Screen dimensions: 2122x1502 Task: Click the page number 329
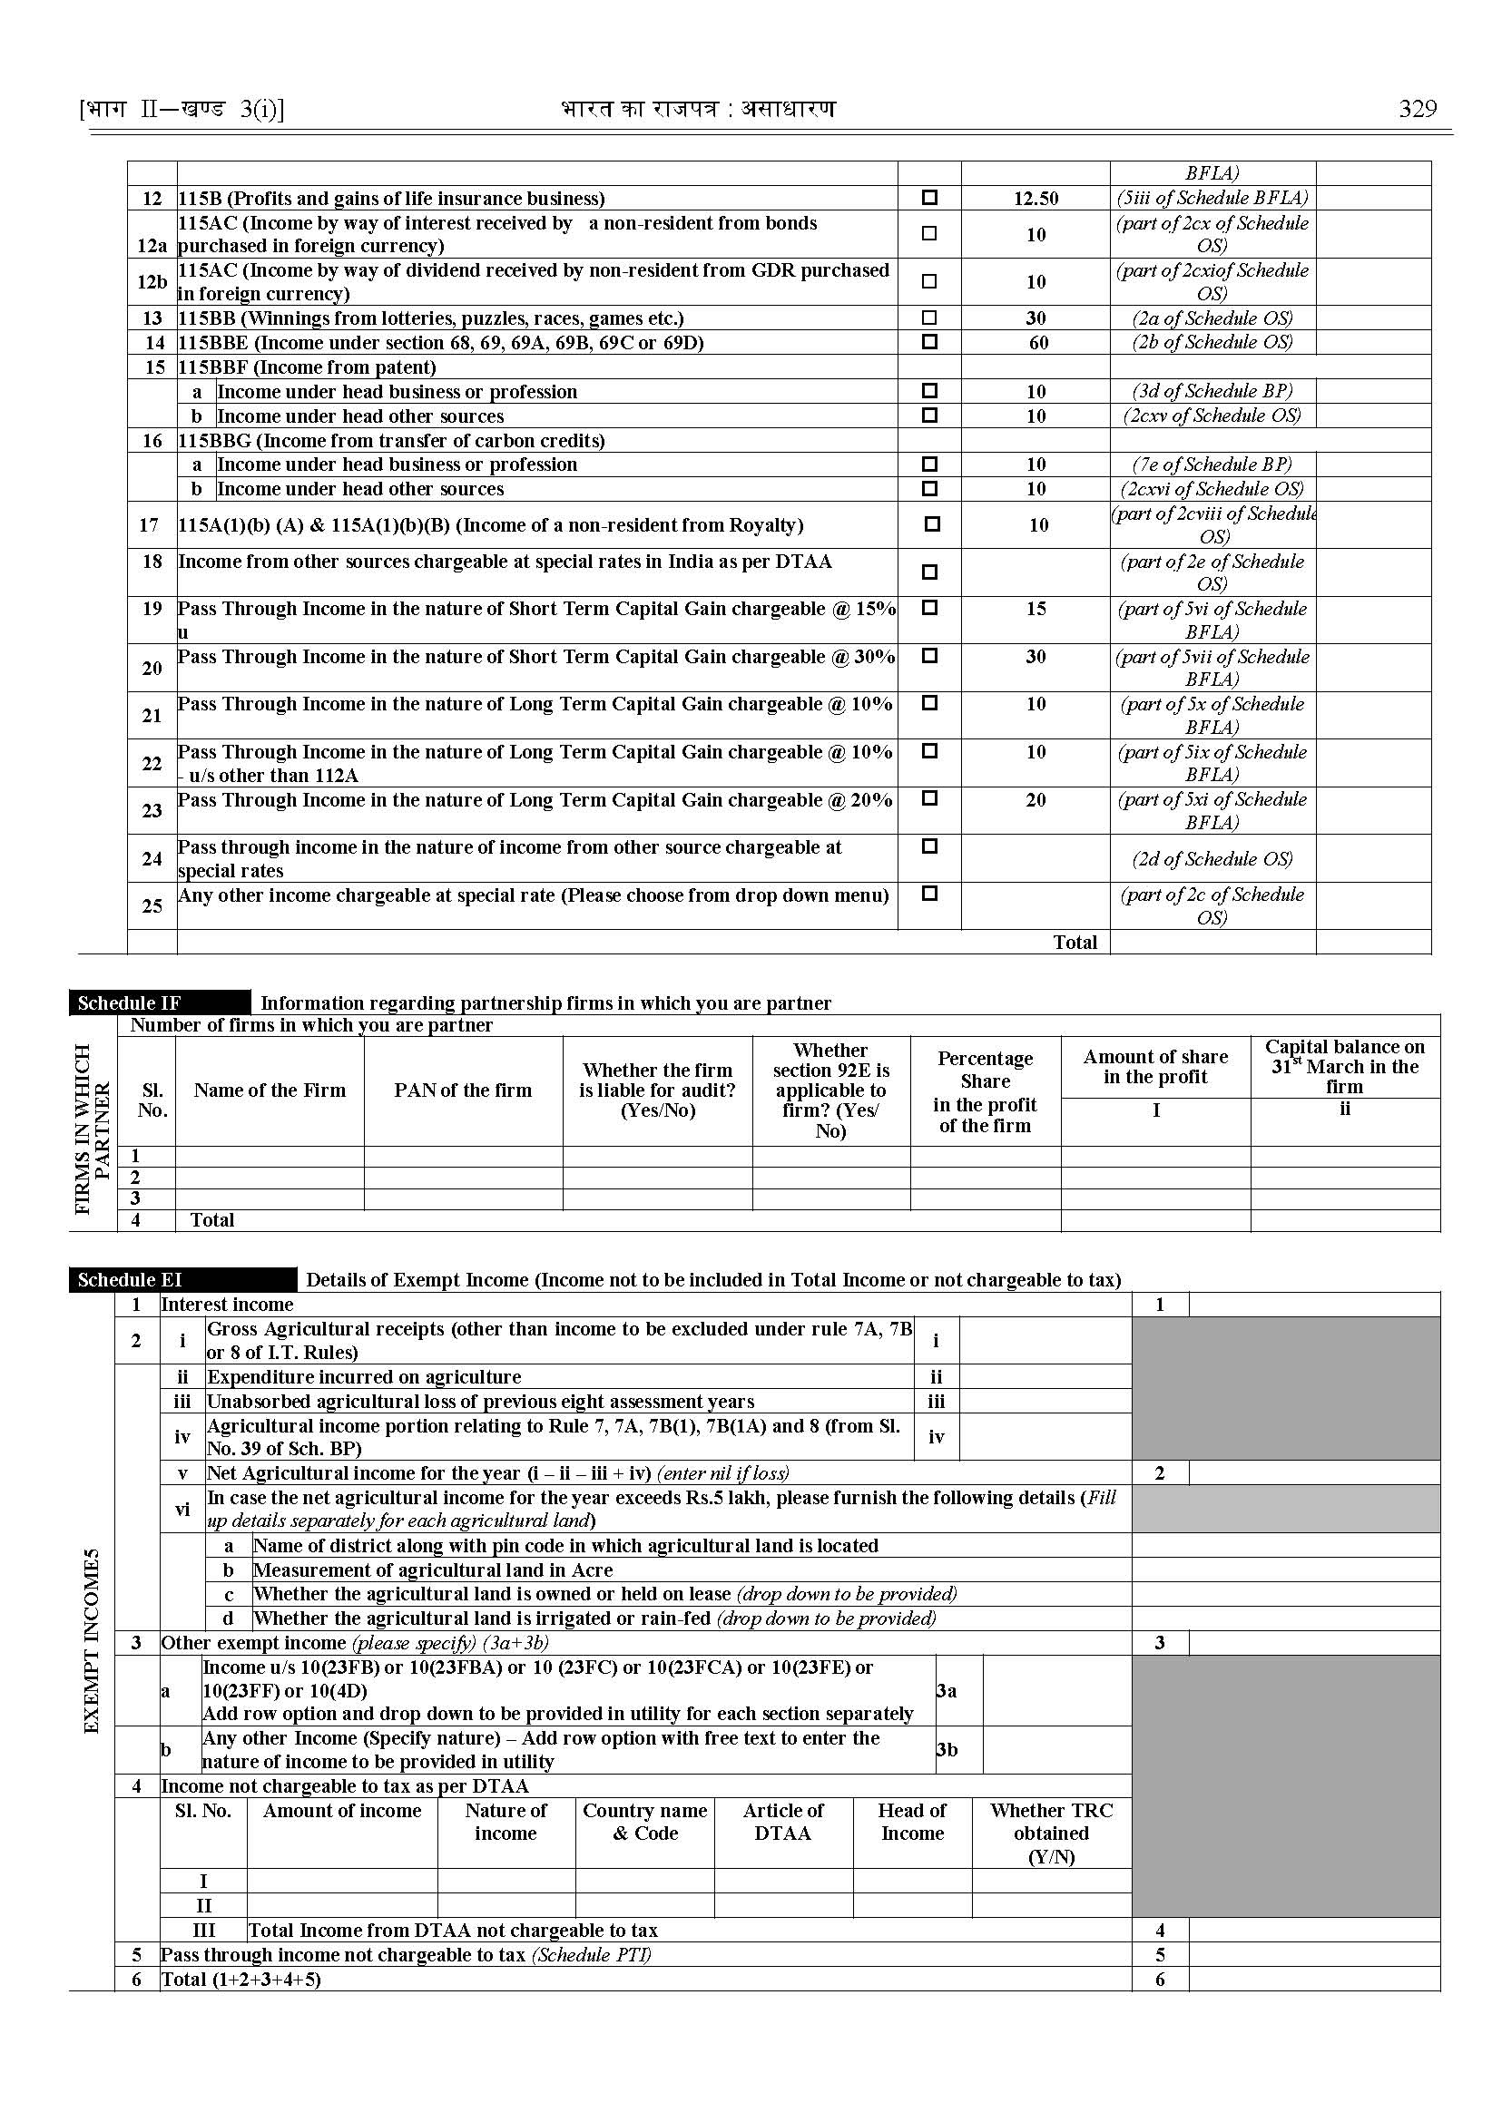coord(1417,109)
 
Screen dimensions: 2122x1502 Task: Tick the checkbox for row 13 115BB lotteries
coord(929,318)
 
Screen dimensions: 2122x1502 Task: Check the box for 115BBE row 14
coord(929,341)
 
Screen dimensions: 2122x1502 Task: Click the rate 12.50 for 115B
coord(1035,198)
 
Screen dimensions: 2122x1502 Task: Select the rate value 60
coord(1038,342)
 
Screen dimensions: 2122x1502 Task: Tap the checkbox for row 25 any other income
coord(929,895)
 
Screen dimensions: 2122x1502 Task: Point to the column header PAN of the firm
coord(463,1090)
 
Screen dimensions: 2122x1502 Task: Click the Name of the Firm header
coord(270,1090)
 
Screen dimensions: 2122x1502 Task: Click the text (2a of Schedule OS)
coord(1212,318)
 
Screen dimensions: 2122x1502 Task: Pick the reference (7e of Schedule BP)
coord(1212,464)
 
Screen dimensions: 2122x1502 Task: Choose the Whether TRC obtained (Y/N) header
coord(1051,1833)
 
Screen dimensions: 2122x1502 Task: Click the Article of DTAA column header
coord(782,1822)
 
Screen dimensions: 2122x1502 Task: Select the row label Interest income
coord(227,1304)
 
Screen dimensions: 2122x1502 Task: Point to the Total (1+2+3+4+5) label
coord(241,1979)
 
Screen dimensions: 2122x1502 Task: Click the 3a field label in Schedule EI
coord(947,1691)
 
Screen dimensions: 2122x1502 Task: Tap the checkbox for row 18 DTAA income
coord(929,572)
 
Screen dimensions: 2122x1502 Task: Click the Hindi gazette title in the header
coord(697,109)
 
